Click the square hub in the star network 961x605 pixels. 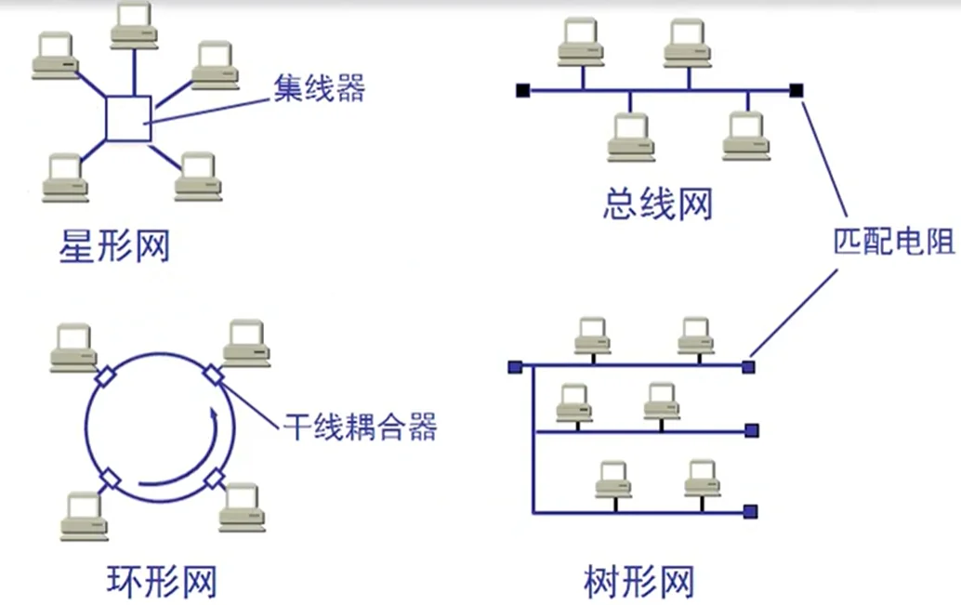128,118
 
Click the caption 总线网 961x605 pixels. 657,204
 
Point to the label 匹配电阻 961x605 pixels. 892,243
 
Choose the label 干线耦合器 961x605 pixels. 360,427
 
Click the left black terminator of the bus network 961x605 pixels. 522,90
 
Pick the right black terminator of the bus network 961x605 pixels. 796,90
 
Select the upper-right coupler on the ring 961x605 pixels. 214,374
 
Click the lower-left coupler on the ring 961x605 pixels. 111,478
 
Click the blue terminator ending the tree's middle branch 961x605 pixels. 751,430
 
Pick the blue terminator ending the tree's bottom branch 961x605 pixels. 750,511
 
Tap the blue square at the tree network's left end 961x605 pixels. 514,367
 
